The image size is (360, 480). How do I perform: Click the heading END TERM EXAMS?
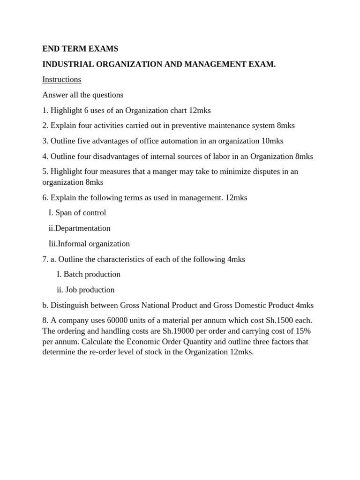click(x=80, y=49)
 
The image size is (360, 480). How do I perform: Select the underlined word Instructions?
click(x=62, y=80)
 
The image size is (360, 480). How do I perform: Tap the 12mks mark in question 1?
click(x=200, y=110)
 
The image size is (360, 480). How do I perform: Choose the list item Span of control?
click(x=81, y=213)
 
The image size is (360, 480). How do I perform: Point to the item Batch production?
click(x=92, y=274)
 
